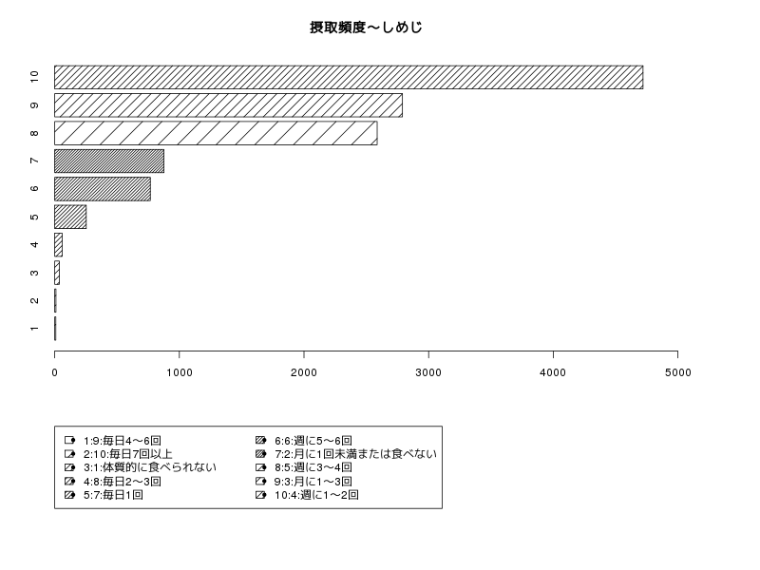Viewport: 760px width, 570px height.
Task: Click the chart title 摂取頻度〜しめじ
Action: (366, 28)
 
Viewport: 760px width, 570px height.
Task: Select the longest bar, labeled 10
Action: (349, 78)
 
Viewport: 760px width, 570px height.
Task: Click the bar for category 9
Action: (228, 105)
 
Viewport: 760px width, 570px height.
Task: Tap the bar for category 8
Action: (216, 133)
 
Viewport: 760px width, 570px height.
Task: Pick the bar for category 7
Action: (109, 161)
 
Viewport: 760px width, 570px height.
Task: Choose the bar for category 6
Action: (103, 189)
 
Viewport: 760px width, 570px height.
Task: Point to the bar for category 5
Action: (70, 217)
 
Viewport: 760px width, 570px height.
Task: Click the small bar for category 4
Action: (58, 245)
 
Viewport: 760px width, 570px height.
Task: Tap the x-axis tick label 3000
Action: (428, 372)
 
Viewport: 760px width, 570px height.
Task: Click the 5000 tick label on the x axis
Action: (677, 372)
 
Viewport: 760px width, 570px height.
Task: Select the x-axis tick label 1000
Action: (180, 372)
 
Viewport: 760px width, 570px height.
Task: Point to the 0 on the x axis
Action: (55, 372)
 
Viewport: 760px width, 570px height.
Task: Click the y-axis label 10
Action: (34, 77)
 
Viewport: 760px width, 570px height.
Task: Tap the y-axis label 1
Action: (34, 329)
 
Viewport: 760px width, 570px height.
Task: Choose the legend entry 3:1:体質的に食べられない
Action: (150, 467)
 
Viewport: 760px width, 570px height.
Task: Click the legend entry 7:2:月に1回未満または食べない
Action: (355, 454)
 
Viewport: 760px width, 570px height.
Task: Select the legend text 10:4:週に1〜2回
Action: (316, 495)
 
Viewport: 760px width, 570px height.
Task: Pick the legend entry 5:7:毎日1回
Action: (113, 495)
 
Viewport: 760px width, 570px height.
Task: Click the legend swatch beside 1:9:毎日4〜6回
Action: (69, 440)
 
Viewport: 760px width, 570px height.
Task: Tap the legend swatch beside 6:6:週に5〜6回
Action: (260, 440)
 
